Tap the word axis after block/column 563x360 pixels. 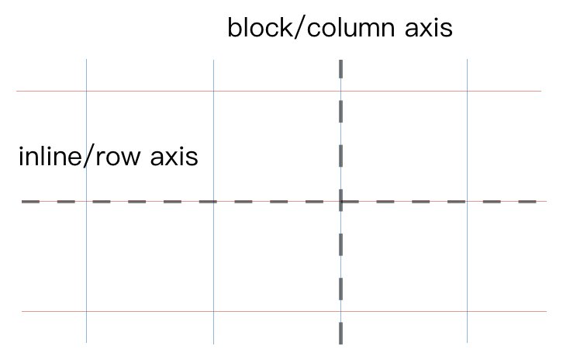coord(429,29)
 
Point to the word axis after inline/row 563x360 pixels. coord(174,157)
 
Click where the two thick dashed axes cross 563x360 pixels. coord(340,202)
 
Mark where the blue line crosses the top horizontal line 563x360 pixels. coord(467,91)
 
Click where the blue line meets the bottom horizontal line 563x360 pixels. coord(467,311)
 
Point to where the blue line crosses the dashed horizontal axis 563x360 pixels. coord(467,202)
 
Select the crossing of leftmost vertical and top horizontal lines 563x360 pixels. coord(86,91)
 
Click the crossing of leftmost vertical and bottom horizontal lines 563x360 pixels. coord(86,311)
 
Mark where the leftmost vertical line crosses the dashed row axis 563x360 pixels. coord(86,202)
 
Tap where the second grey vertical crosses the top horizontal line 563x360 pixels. coord(213,91)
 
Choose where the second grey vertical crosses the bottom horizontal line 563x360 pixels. coord(213,311)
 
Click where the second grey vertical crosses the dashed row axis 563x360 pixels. coord(213,202)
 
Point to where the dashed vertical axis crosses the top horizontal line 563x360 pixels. coord(340,91)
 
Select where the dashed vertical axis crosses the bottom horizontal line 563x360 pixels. coord(340,311)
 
